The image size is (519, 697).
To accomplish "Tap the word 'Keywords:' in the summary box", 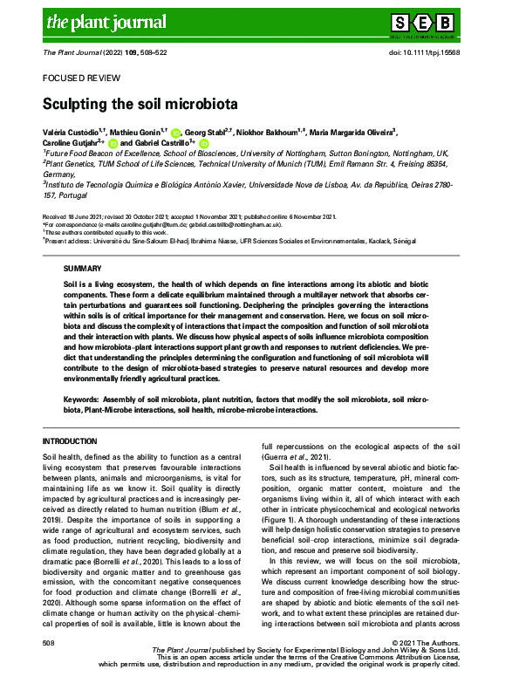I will pos(82,398).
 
